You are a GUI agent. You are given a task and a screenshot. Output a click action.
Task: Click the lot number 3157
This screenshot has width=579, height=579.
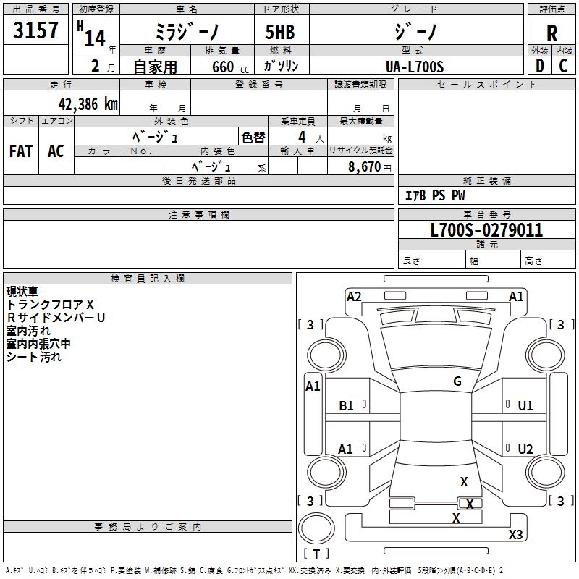click(x=35, y=30)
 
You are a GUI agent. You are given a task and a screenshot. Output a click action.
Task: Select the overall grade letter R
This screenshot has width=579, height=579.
click(x=551, y=33)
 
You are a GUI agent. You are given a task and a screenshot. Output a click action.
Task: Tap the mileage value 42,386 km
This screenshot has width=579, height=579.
click(x=88, y=104)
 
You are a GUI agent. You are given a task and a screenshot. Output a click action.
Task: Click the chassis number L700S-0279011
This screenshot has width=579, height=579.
click(x=486, y=230)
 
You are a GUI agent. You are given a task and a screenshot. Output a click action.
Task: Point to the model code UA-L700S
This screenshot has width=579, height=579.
click(x=415, y=67)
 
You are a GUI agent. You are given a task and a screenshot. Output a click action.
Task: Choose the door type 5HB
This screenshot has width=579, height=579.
click(x=280, y=32)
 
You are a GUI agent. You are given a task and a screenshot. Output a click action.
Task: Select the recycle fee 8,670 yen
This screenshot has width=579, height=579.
click(x=369, y=166)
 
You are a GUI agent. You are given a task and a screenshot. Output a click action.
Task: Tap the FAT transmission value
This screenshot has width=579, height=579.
click(x=21, y=151)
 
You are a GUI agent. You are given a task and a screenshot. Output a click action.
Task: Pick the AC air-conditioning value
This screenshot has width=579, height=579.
click(x=56, y=151)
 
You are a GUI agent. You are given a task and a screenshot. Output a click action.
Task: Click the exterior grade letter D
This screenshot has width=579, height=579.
click(x=540, y=66)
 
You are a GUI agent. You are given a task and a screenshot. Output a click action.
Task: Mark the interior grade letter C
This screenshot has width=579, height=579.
click(x=563, y=66)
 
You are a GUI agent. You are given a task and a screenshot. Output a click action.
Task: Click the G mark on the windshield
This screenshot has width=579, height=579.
click(x=457, y=381)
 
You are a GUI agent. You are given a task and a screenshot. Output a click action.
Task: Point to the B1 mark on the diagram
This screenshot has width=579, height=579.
click(x=346, y=406)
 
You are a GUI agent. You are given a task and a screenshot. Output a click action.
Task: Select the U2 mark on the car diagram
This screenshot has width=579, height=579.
click(x=525, y=449)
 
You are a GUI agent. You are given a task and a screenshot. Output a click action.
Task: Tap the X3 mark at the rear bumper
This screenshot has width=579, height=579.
click(x=515, y=534)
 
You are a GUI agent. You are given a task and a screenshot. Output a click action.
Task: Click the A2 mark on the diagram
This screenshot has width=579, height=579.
click(x=354, y=297)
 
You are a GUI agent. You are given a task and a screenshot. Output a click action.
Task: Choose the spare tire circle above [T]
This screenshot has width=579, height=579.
click(x=316, y=528)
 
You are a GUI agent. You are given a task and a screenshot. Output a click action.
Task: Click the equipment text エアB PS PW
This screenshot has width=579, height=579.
click(x=435, y=195)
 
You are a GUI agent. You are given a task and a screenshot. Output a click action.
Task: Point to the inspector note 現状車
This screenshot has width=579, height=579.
click(x=22, y=292)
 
